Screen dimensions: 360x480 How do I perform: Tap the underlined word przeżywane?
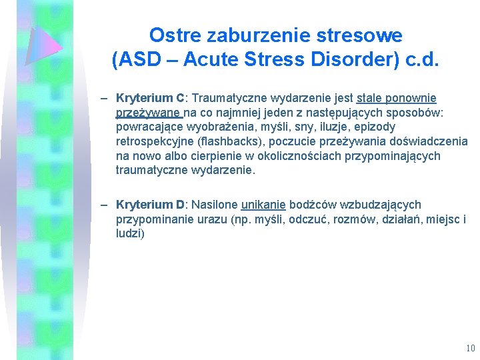[x=149, y=112]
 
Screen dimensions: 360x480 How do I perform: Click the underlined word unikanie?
[x=263, y=205]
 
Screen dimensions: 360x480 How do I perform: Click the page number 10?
[x=471, y=348]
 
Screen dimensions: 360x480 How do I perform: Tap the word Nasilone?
[x=215, y=205]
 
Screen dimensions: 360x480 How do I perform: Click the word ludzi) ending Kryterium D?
[x=130, y=234]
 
